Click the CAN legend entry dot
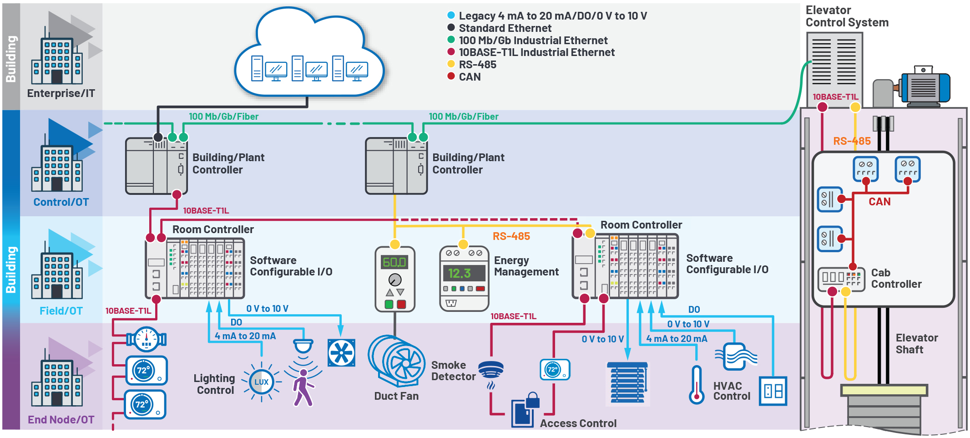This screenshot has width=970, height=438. pos(451,76)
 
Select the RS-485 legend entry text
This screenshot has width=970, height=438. pos(477,65)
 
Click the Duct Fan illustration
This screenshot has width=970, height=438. pos(396,362)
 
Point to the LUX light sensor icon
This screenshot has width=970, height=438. pos(261,382)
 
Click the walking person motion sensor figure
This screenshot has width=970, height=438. pos(303,387)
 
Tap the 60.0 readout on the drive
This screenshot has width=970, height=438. pos(394,262)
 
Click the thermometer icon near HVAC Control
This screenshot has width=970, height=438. pos(696,385)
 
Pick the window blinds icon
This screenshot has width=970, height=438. pos(627,382)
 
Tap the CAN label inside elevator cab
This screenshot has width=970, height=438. pos(879,202)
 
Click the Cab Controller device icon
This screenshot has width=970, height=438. pos(840,278)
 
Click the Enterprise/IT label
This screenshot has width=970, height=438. pos(61,93)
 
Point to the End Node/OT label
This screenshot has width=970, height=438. pos(61,419)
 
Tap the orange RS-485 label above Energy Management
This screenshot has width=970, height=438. pos(511,236)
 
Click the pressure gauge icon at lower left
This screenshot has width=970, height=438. pos(147,339)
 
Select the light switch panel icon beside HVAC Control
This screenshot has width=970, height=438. pos(773,391)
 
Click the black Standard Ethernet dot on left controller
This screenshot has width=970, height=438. pos(158,137)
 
